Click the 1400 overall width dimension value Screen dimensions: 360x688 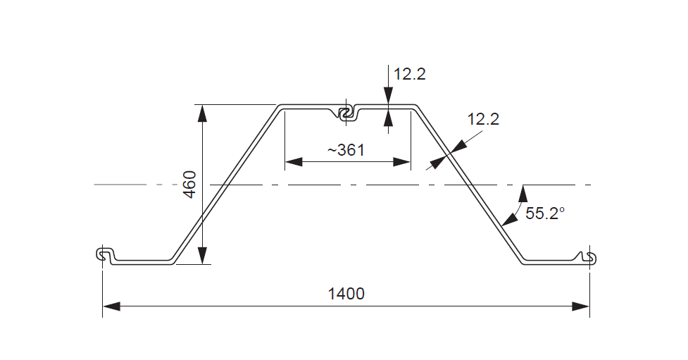pos(346,294)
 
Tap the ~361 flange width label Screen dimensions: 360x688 pos(346,149)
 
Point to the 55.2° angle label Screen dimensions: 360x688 pos(545,213)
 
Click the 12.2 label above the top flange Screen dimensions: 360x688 pos(410,74)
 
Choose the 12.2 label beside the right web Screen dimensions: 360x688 pos(483,119)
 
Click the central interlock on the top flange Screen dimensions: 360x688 pos(346,113)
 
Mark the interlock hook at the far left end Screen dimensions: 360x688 pos(104,255)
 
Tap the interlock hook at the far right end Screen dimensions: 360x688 pos(589,257)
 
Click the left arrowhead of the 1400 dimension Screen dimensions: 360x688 pos(112,306)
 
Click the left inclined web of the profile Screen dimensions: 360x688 pos(225,185)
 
